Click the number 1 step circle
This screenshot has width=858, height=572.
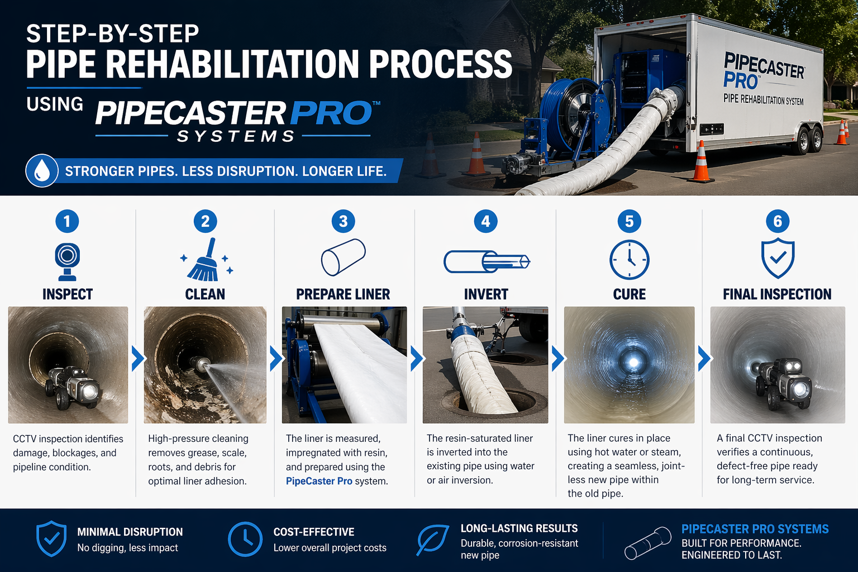coord(67,222)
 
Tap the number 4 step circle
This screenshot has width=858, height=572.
coord(485,222)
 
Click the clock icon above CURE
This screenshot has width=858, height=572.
coord(629,260)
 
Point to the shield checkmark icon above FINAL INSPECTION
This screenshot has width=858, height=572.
coord(778,258)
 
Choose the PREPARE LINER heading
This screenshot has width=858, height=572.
coord(343,294)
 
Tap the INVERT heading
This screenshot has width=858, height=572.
coord(486,294)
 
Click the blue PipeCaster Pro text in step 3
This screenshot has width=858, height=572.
coord(319,481)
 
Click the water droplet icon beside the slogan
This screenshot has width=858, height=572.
coord(42,171)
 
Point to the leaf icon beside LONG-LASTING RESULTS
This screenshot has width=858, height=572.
coord(433,540)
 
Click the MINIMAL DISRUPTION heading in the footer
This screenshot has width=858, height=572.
coord(130,532)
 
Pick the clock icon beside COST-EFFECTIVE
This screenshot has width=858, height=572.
coord(245,540)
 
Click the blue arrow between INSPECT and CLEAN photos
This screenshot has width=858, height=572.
coord(137,359)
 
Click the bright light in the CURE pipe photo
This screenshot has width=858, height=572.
coord(633,361)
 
